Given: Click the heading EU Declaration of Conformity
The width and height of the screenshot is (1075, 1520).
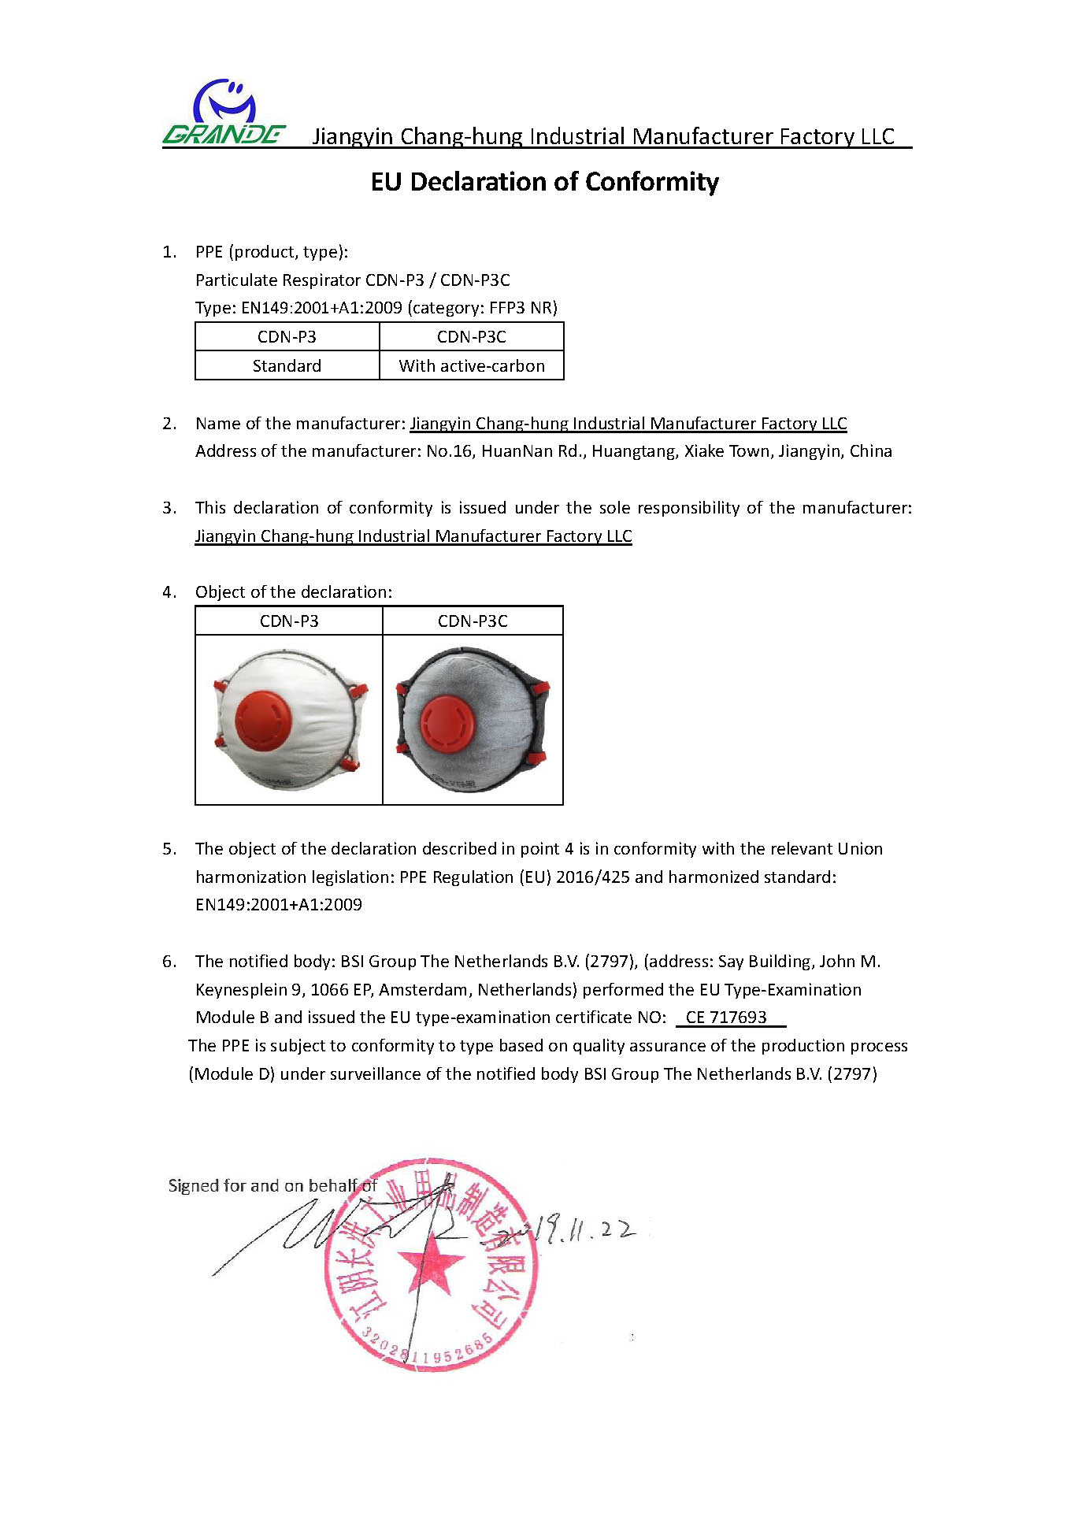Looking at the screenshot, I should click(544, 182).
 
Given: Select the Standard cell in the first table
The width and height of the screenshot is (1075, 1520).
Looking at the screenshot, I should click(287, 366).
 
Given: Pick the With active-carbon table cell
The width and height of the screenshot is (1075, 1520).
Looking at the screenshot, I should click(471, 366).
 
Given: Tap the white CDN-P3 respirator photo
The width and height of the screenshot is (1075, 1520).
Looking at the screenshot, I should click(288, 718).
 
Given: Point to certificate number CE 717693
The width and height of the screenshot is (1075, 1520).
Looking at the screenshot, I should click(725, 1018).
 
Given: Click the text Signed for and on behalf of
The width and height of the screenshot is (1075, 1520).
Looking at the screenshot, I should click(272, 1186).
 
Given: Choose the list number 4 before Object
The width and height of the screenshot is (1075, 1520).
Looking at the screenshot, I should click(169, 592).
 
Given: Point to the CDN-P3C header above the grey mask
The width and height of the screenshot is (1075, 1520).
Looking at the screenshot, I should click(473, 621).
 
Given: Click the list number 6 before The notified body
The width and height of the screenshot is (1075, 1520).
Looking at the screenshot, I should click(169, 962).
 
